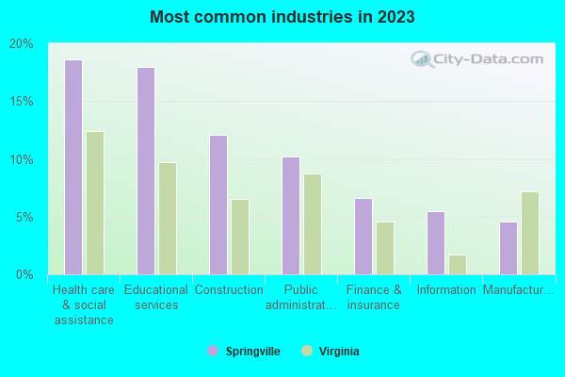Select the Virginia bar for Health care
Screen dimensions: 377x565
[95, 203]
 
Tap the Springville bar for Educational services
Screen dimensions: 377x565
[146, 171]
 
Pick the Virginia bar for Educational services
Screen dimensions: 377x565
[168, 219]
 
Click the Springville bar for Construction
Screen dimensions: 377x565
[218, 205]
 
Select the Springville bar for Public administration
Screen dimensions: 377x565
[291, 216]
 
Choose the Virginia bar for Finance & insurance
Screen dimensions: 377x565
[385, 248]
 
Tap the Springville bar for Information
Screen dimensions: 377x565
[436, 243]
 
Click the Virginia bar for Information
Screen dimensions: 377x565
[458, 265]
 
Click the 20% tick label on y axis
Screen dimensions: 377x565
[22, 43]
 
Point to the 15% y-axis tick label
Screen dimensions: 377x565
[22, 101]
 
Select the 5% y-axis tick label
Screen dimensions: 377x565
[24, 217]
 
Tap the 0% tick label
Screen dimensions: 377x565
[24, 274]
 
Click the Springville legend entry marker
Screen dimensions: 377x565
[213, 351]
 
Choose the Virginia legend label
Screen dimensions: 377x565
[337, 351]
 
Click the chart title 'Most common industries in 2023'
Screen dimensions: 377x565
[282, 17]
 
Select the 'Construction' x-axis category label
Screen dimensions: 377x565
[229, 290]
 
